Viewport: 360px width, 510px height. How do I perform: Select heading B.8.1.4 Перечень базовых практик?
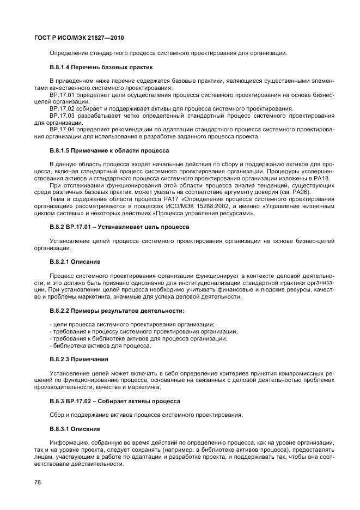101,67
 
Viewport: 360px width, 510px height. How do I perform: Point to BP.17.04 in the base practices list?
60,129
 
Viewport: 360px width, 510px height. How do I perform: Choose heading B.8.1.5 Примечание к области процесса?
109,150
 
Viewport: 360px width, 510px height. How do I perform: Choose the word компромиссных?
300,373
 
